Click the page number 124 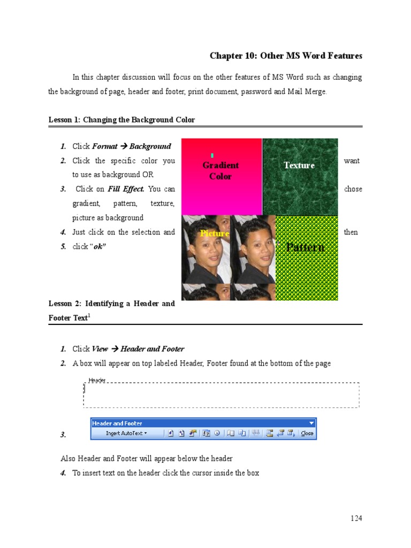[x=356, y=518]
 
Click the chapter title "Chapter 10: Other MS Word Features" [x=286, y=56]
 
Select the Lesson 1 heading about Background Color [x=121, y=120]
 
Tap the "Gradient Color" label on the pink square [x=220, y=171]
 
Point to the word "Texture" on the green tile [x=299, y=165]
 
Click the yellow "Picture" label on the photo [x=214, y=233]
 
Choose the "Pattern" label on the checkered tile [x=305, y=247]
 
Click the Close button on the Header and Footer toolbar [x=307, y=433]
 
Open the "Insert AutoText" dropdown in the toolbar [x=126, y=433]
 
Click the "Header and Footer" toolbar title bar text [x=117, y=423]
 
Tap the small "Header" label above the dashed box [x=97, y=380]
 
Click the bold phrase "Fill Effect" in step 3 [x=126, y=189]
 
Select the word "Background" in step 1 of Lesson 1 [x=150, y=146]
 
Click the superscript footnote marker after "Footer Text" [x=88, y=316]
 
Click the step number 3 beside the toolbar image [x=63, y=435]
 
